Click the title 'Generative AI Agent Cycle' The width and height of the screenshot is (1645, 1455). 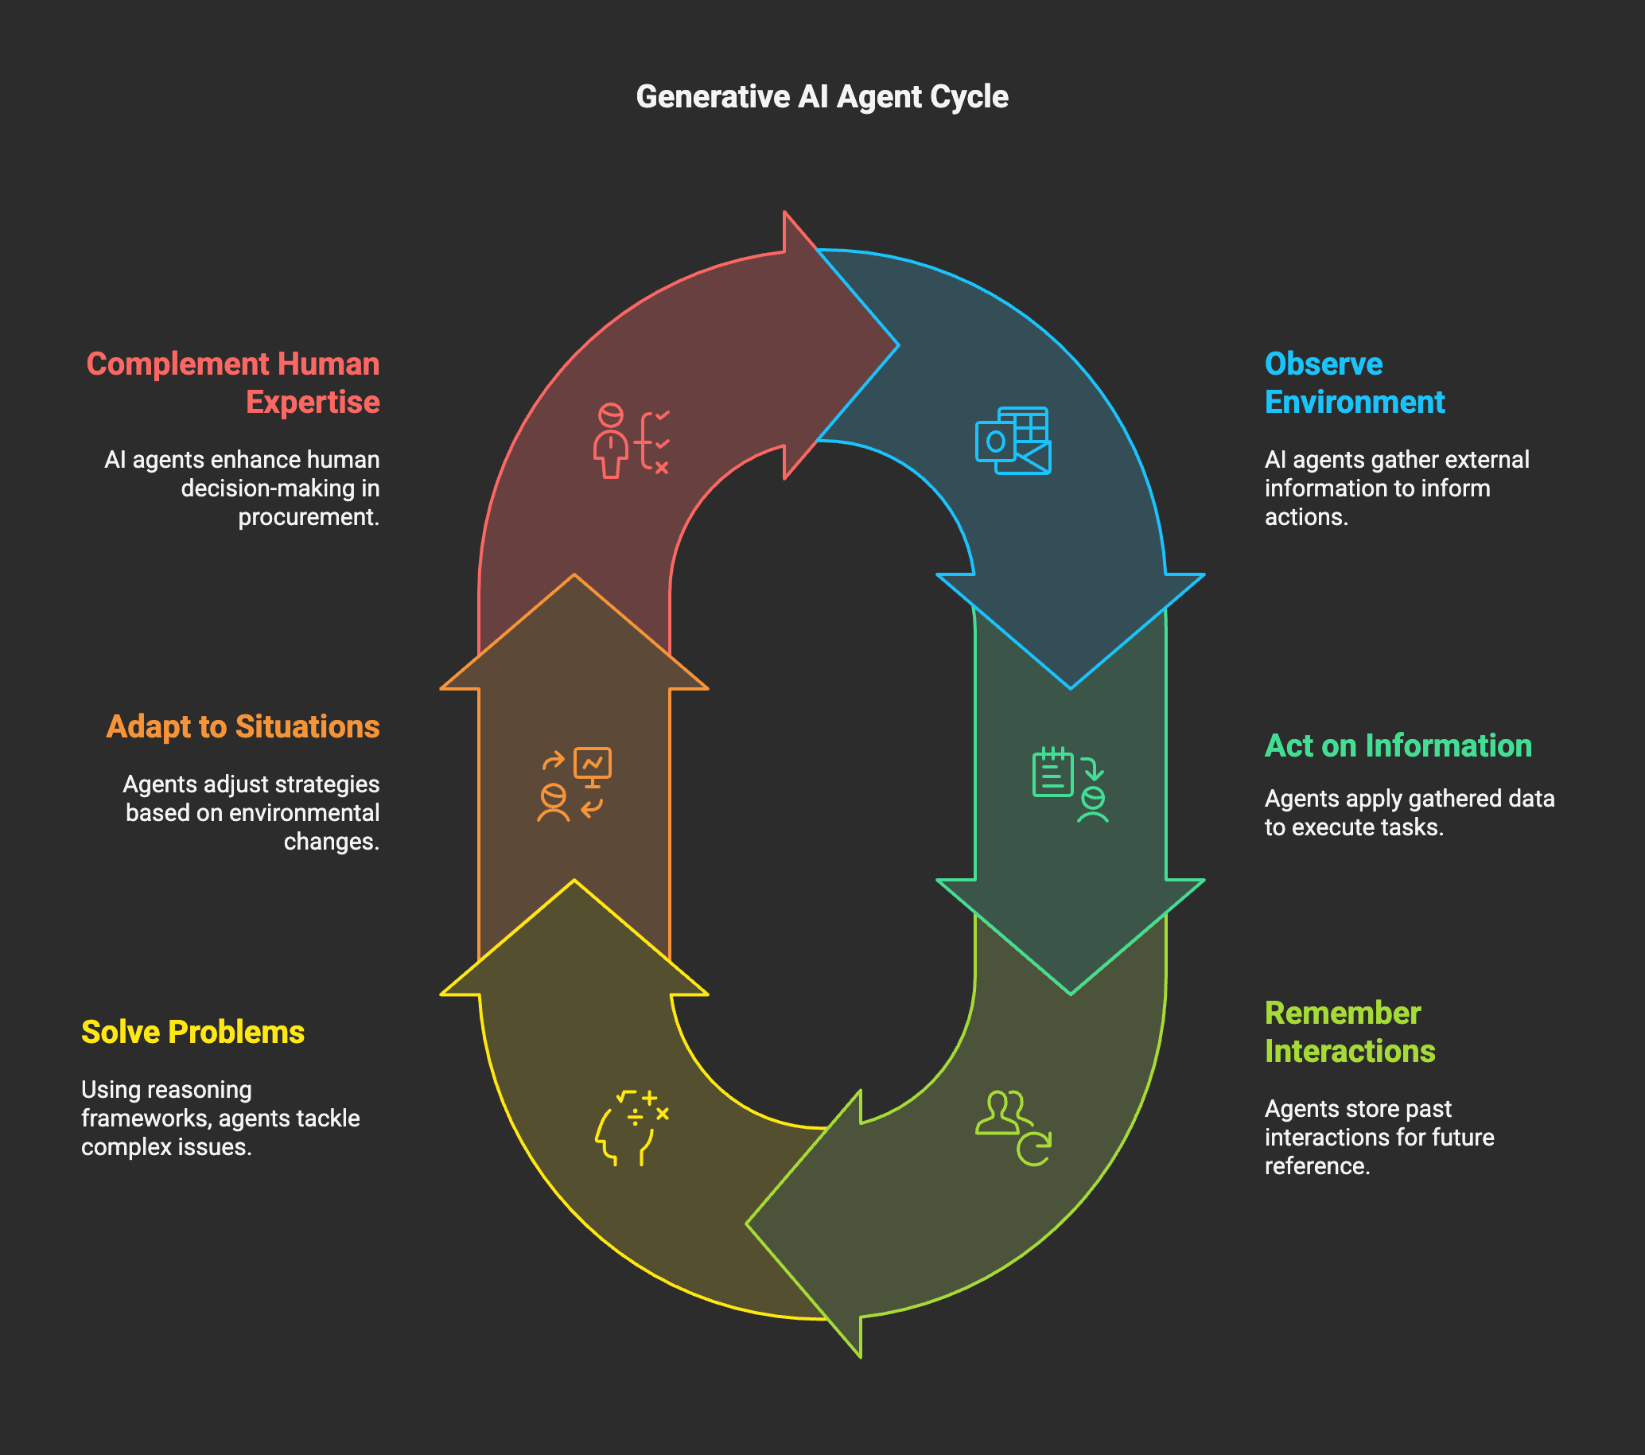tap(822, 96)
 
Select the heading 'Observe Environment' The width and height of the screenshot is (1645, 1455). tap(1355, 383)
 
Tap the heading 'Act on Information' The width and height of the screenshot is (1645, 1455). tap(1398, 746)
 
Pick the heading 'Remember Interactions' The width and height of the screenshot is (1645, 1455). tap(1350, 1033)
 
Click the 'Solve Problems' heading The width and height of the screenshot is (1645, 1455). tap(193, 1033)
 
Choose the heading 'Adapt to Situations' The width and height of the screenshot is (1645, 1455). tap(243, 726)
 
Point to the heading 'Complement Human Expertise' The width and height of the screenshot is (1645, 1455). tap(233, 383)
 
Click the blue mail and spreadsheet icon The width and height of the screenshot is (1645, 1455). tap(1013, 441)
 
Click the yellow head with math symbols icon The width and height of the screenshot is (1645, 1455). tap(632, 1128)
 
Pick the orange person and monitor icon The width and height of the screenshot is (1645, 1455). tap(574, 784)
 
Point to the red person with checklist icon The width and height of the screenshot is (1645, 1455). tap(632, 441)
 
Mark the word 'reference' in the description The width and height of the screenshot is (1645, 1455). tap(1316, 1166)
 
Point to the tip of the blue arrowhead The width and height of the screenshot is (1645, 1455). tap(1071, 688)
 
